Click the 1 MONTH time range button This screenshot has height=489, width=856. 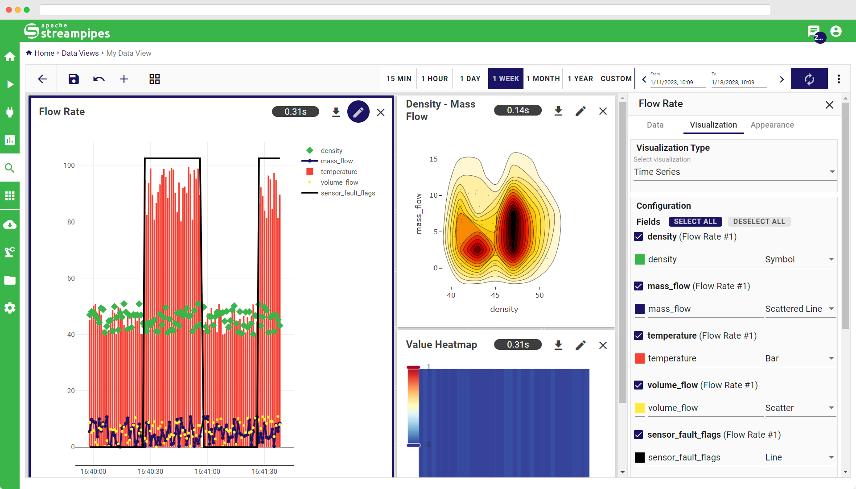click(543, 79)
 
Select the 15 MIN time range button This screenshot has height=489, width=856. click(399, 79)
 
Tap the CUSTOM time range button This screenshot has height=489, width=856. click(616, 79)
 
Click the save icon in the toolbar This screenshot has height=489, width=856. click(74, 79)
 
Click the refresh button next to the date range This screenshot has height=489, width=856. click(809, 79)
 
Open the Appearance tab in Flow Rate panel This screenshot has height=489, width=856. click(772, 125)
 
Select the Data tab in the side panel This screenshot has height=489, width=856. click(655, 125)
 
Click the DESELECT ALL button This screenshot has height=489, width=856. click(759, 221)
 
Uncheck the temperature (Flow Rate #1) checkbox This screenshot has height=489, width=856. click(638, 336)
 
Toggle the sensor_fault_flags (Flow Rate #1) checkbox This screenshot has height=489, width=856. click(638, 435)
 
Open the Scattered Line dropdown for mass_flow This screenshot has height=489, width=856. click(799, 309)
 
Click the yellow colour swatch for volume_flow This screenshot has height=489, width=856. click(640, 408)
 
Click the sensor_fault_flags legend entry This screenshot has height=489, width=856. click(348, 193)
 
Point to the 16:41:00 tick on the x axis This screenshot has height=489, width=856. click(207, 471)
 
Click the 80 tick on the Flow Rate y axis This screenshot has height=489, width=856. click(71, 222)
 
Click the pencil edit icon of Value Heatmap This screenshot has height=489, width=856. click(580, 345)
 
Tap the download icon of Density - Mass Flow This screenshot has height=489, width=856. click(558, 111)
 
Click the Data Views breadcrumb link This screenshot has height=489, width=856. click(80, 53)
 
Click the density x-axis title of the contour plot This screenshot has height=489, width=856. click(504, 309)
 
